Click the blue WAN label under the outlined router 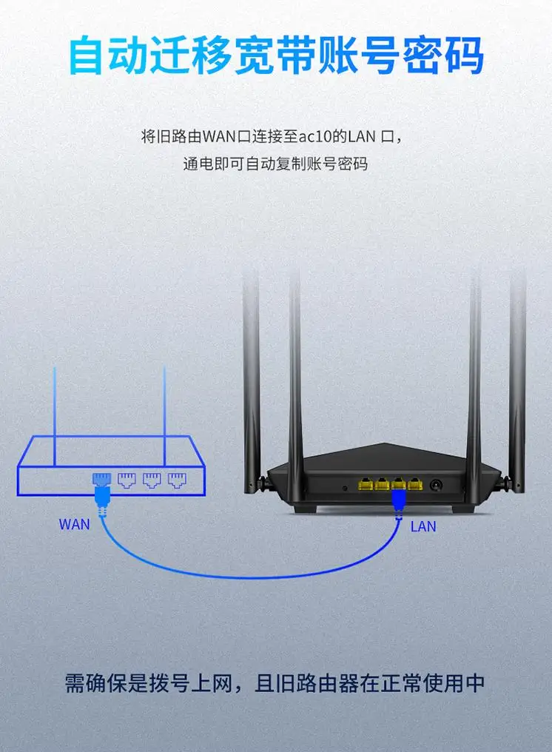tap(74, 525)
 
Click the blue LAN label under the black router tap(423, 527)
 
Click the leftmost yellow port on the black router tap(365, 484)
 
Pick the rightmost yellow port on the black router tap(415, 484)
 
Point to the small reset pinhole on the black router tap(345, 488)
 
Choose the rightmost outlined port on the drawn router tap(176, 479)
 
